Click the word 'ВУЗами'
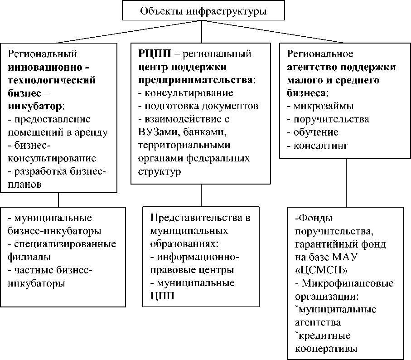(156, 133)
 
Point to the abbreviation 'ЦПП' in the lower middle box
(162, 297)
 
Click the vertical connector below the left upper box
(58, 200)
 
